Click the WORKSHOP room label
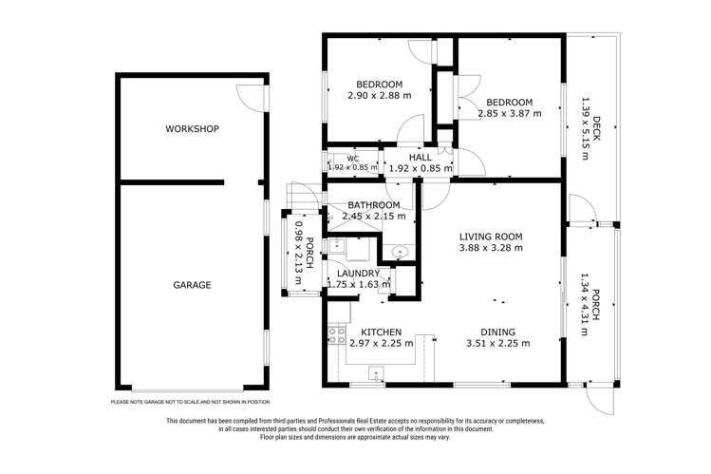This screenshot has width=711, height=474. tap(192, 128)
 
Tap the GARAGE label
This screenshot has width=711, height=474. tap(192, 285)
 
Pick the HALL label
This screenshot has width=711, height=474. tap(420, 158)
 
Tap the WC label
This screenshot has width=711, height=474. tap(352, 159)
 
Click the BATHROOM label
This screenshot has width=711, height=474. tap(374, 205)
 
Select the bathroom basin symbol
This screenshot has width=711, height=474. tap(399, 253)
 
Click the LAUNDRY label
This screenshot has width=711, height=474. tap(358, 274)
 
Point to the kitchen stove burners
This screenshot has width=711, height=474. tap(334, 334)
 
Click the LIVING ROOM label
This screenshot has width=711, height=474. tap(491, 237)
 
